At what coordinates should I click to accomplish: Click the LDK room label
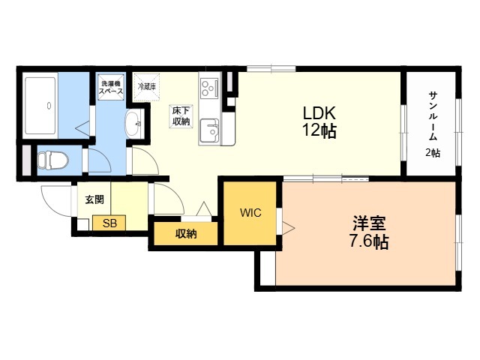(319, 113)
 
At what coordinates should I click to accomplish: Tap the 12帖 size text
(319, 131)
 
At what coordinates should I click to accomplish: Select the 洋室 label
(370, 223)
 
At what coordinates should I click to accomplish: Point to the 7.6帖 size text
(370, 242)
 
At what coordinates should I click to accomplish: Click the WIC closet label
(250, 213)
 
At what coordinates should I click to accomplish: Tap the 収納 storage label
(186, 234)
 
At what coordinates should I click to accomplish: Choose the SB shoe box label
(109, 223)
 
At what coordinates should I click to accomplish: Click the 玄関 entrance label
(94, 199)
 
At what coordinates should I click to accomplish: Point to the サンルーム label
(433, 112)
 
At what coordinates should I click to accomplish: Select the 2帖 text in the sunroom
(433, 152)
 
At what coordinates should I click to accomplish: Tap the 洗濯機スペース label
(111, 87)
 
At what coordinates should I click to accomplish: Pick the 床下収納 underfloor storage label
(181, 116)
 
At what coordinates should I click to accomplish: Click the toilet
(52, 159)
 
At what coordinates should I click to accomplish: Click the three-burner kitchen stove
(208, 88)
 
